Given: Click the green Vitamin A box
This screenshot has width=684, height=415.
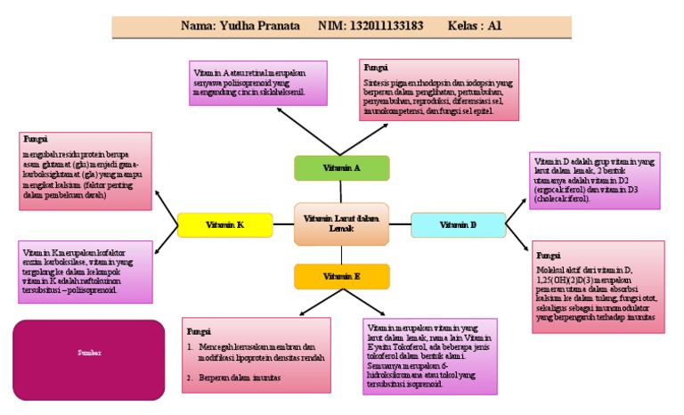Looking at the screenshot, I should click(342, 167).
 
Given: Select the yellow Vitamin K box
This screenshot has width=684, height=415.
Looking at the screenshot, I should click(224, 225).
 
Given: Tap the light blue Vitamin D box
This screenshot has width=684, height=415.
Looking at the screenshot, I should click(459, 225).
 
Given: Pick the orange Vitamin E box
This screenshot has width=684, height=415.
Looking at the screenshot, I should click(342, 277).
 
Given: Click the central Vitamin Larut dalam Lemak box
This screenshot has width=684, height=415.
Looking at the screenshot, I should click(341, 224).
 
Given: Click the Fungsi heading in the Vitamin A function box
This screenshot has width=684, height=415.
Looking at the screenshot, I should click(375, 66).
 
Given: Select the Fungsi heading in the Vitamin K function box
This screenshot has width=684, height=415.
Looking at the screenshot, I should click(35, 140).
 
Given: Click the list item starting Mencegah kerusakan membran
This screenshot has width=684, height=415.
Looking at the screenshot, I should click(258, 350).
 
